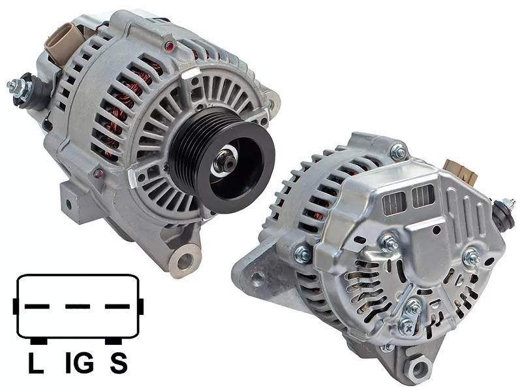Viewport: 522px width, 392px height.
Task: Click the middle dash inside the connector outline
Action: click(x=77, y=306)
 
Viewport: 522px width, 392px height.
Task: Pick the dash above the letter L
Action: click(x=37, y=306)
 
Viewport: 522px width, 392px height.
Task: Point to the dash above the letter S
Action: click(x=117, y=306)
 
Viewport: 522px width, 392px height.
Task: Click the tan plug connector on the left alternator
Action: click(x=63, y=41)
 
